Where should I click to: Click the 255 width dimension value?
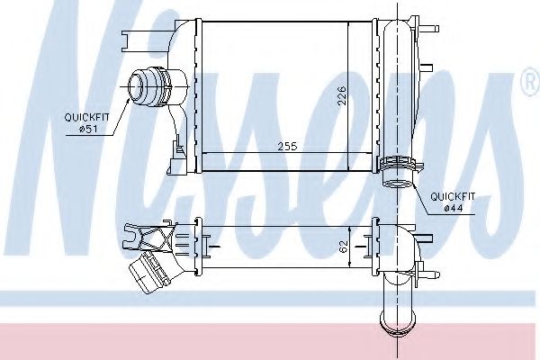[287, 147]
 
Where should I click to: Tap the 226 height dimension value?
[341, 96]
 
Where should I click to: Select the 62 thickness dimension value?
[344, 247]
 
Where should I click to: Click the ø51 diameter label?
[87, 130]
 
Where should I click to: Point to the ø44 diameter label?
[454, 208]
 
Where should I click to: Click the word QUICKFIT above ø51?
[86, 118]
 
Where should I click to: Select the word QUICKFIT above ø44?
[453, 197]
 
